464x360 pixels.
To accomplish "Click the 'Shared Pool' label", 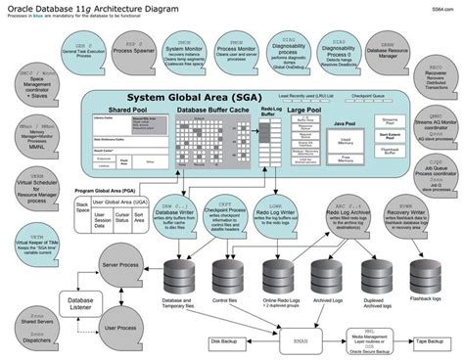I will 128,111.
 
